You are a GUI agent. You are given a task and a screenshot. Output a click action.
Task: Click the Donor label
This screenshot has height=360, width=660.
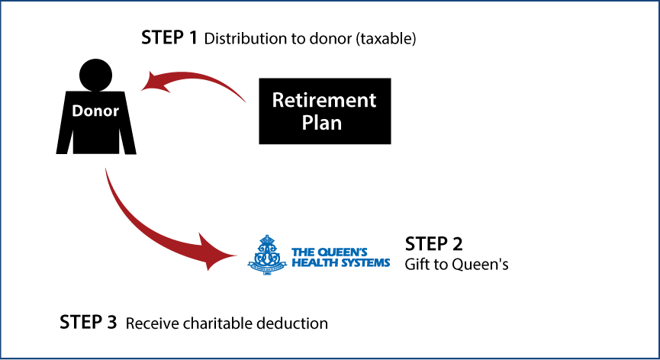pos(95,111)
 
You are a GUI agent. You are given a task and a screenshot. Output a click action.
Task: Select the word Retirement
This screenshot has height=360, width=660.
pos(324,101)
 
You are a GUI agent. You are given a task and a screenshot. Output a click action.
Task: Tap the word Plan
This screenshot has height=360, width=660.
pos(321,123)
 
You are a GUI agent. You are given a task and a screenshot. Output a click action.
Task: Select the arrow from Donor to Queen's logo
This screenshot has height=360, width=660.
pos(153,233)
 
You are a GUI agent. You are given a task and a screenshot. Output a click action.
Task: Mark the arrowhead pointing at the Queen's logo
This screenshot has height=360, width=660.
pos(217,252)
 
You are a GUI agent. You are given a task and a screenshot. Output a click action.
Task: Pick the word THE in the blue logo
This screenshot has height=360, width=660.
pos(303,252)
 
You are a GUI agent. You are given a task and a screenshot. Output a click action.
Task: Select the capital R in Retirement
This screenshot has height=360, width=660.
pos(278,101)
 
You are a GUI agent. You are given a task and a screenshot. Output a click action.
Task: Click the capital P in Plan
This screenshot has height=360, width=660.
pos(307,123)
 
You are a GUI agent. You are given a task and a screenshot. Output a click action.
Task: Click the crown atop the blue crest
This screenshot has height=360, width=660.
pos(266,239)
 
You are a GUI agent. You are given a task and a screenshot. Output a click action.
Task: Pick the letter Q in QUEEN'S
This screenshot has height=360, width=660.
pos(321,252)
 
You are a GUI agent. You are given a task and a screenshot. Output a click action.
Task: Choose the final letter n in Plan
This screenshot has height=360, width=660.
pos(336,124)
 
